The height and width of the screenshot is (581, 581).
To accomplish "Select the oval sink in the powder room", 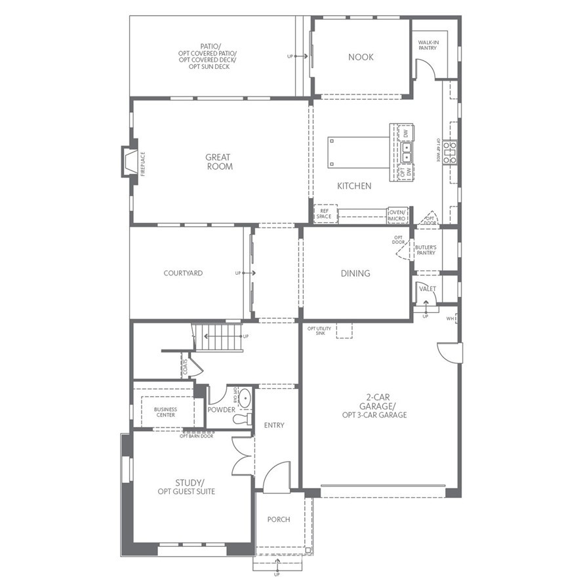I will click(243, 397).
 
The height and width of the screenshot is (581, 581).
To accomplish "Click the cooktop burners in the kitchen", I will click(450, 152).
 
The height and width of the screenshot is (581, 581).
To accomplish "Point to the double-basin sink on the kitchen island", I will click(407, 153).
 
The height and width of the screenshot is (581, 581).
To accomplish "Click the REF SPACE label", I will click(324, 214).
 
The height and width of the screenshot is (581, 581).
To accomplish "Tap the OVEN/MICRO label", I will click(397, 214).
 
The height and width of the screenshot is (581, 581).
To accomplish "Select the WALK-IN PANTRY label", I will click(429, 45).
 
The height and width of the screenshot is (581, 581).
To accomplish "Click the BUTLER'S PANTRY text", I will click(426, 250).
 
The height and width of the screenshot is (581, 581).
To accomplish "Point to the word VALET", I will click(428, 288).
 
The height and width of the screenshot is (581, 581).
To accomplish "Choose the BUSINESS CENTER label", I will click(165, 412).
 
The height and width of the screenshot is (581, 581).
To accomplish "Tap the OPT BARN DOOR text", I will click(197, 436).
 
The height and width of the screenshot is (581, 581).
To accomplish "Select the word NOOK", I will click(361, 57).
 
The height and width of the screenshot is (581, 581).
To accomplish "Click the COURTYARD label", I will click(183, 273).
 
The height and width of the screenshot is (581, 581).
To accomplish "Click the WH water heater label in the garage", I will click(451, 319).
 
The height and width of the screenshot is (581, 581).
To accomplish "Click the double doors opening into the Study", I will click(243, 454).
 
